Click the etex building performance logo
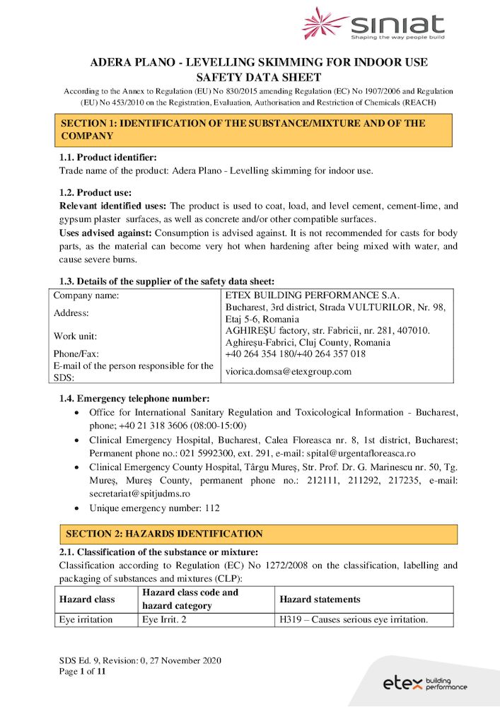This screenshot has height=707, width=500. [425, 683]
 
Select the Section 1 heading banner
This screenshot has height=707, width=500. [255, 129]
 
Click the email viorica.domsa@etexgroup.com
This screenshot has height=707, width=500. [288, 371]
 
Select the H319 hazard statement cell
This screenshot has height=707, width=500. [354, 620]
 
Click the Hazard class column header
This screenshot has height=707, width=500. [87, 600]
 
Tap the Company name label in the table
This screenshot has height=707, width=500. [86, 295]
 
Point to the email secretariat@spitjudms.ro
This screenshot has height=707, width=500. [140, 493]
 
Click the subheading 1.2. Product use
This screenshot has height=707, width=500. [95, 192]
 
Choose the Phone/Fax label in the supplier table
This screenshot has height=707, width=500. [76, 353]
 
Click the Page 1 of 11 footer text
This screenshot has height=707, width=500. [82, 672]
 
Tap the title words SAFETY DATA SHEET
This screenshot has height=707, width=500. [258, 78]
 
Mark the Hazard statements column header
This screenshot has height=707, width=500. [320, 600]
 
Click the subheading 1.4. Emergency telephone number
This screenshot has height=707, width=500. [134, 398]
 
